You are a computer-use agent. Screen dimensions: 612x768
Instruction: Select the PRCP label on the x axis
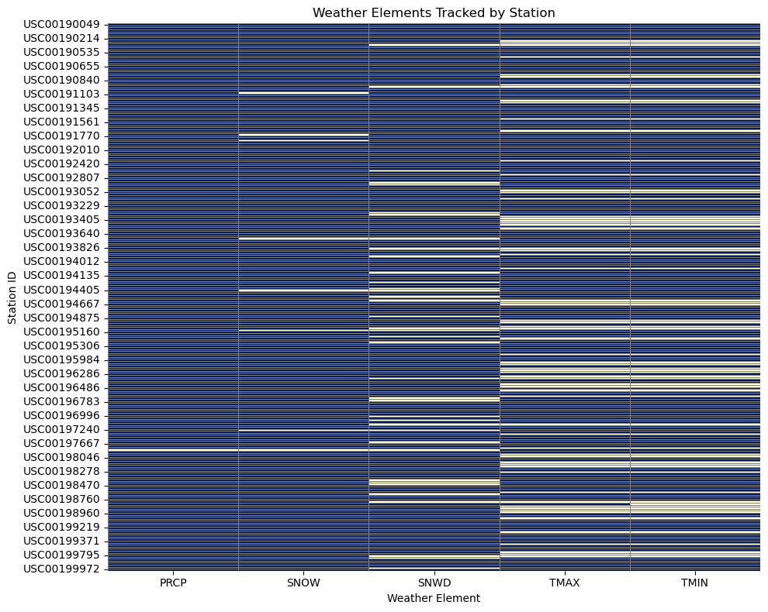point(173,582)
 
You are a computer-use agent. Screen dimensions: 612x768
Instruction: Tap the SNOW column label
point(303,582)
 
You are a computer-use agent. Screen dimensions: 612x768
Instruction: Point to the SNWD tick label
point(434,582)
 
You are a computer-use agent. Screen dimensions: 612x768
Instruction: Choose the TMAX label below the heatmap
point(565,582)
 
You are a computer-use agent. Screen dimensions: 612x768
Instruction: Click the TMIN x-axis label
point(695,582)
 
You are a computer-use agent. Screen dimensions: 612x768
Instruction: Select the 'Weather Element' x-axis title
point(434,598)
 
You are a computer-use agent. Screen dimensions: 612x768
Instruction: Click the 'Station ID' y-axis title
point(12,297)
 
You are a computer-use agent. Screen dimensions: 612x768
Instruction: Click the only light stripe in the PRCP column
point(173,449)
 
